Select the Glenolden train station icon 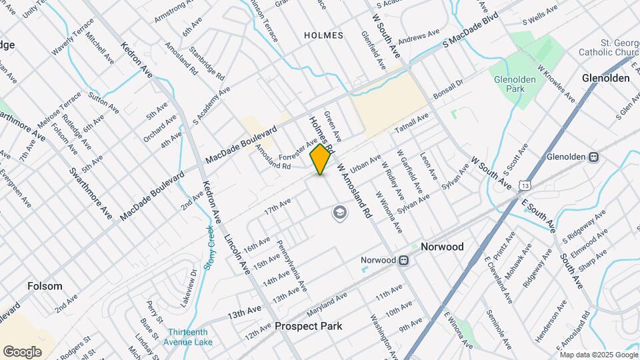[x=593, y=157]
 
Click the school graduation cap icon [x=340, y=213]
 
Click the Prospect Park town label [x=308, y=326]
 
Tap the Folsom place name [x=45, y=286]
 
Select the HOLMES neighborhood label [x=323, y=35]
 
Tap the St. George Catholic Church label [x=607, y=48]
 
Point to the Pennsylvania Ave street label [x=292, y=265]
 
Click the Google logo [x=22, y=351]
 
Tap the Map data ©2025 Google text [x=597, y=355]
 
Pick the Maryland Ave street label [x=327, y=305]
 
